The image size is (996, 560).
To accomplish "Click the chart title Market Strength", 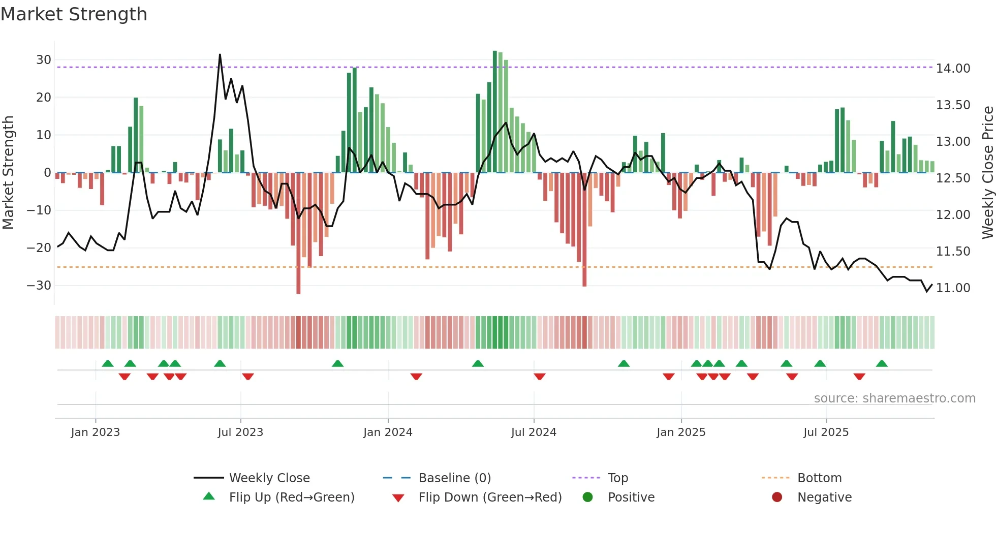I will pos(74,14).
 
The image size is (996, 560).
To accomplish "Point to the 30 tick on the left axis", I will pos(44,60).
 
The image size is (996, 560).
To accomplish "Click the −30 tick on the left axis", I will pos(40,286).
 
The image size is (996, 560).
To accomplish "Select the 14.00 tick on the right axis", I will pos(953,69).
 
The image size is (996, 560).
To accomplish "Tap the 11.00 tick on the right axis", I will pos(953,288).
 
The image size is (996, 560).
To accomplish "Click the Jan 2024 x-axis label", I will pos(388,432).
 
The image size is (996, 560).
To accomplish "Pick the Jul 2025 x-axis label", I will pos(826,432).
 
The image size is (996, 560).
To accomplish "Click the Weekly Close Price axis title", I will pos(987,173).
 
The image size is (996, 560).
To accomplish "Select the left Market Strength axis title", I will pos(8,173).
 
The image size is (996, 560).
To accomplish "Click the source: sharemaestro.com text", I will pos(894,398).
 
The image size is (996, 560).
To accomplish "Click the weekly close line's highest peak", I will pos(220,55).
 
